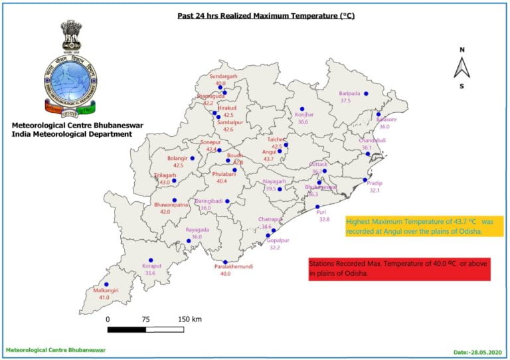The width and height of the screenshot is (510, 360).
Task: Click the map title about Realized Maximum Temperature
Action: click(266, 15)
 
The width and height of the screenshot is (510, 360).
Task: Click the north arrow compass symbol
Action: click(462, 68)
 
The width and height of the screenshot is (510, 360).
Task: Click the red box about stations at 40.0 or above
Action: click(399, 268)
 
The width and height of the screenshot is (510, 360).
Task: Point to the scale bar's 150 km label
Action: click(189, 319)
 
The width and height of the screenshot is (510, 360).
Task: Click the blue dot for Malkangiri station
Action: click(106, 284)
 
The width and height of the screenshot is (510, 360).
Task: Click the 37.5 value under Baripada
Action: click(345, 101)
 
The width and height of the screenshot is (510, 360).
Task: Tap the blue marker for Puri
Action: click(317, 207)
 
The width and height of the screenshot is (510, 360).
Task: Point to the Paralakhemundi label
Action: click(225, 266)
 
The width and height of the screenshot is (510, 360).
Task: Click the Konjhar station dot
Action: click(302, 109)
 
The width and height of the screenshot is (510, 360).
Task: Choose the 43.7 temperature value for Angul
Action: click(269, 159)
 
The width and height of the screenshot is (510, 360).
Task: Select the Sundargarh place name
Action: click(223, 77)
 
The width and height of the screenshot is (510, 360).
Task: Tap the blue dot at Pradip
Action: click(365, 179)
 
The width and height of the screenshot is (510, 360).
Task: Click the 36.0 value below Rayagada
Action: click(197, 237)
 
